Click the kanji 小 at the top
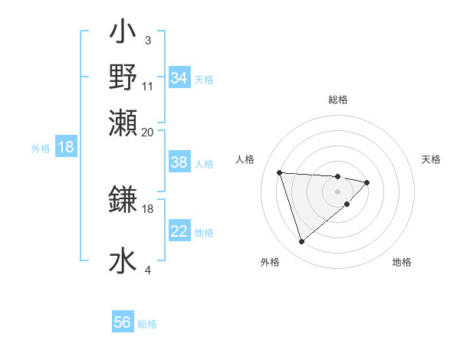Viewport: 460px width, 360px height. point(123,34)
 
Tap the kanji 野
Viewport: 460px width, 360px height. point(123,77)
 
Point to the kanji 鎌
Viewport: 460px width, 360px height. point(123,200)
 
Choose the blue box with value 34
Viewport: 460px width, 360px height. point(179,78)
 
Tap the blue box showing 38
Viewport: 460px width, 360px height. point(179,163)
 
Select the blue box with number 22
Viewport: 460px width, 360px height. point(179,231)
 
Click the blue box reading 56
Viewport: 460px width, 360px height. point(123,323)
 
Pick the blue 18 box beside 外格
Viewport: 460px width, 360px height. point(66,148)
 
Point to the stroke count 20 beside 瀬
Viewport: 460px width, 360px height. point(148,132)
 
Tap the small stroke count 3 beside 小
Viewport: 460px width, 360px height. point(147,40)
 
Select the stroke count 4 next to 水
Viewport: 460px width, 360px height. point(148,270)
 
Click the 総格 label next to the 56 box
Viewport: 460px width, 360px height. point(148,325)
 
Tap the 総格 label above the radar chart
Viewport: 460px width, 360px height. point(338,100)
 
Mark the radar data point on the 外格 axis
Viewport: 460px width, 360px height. point(301,242)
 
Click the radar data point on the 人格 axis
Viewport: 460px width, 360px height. point(280,172)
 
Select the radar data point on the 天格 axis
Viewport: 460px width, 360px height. point(367,182)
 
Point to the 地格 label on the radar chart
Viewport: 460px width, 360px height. point(402,263)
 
